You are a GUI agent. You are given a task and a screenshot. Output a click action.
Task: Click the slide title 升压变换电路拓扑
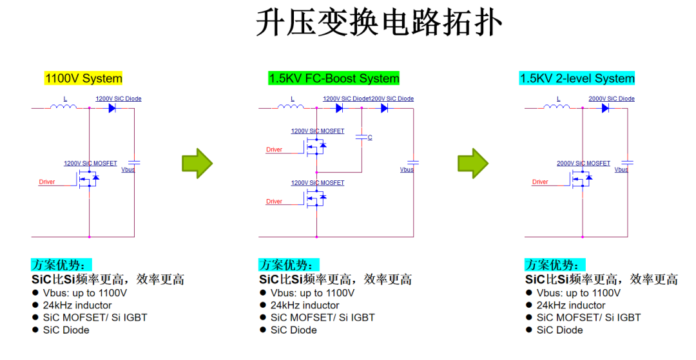[378, 24]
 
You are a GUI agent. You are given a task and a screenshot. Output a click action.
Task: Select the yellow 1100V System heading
[83, 79]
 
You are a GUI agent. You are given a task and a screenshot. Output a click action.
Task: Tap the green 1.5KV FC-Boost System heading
[334, 79]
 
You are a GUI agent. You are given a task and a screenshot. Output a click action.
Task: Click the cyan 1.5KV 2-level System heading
[577, 79]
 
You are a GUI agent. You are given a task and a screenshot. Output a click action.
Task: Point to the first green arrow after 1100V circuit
[197, 164]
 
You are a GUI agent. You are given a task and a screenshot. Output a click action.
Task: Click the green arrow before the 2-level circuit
[473, 164]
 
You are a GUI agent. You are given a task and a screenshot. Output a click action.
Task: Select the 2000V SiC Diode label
[611, 99]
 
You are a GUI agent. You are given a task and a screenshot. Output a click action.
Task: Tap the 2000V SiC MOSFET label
[583, 164]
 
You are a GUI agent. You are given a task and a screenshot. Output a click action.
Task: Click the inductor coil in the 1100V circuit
[64, 106]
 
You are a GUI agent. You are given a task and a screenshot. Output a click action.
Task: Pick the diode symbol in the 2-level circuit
[606, 108]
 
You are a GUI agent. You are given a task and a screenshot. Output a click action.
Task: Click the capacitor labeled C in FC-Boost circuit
[363, 137]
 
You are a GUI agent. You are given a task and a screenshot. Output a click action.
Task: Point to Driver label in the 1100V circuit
[47, 182]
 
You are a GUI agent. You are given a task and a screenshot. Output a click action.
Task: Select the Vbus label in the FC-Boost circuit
[407, 170]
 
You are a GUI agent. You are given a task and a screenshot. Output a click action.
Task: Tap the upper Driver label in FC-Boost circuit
[275, 150]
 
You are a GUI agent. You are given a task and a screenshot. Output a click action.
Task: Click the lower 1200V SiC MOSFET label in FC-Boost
[318, 183]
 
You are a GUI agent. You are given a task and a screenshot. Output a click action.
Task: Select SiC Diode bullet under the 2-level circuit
[559, 330]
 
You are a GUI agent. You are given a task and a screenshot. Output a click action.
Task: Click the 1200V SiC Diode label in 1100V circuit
[119, 99]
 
